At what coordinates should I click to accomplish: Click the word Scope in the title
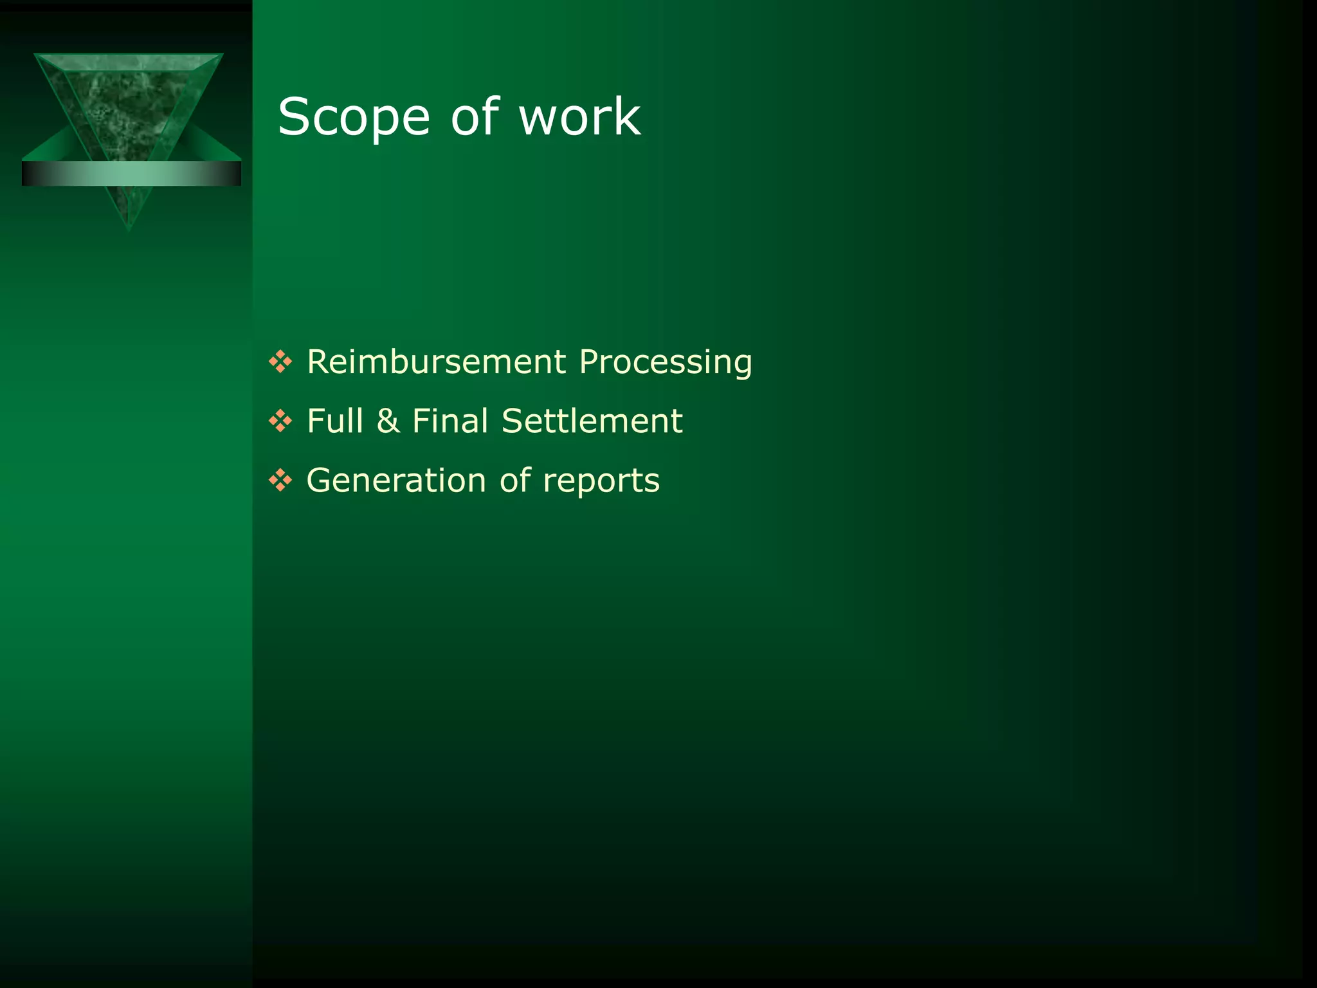tap(354, 117)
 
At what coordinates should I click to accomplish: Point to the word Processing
tap(666, 363)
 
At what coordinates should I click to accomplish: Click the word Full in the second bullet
tap(335, 421)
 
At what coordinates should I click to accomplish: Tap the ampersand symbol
tap(388, 421)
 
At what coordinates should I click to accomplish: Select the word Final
tap(450, 421)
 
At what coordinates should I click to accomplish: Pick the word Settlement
tap(592, 421)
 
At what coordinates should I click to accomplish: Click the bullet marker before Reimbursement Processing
tap(280, 361)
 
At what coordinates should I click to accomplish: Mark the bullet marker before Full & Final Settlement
tap(280, 421)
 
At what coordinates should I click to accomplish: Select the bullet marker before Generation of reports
tap(280, 480)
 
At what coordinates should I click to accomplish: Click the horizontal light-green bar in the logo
tap(131, 174)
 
